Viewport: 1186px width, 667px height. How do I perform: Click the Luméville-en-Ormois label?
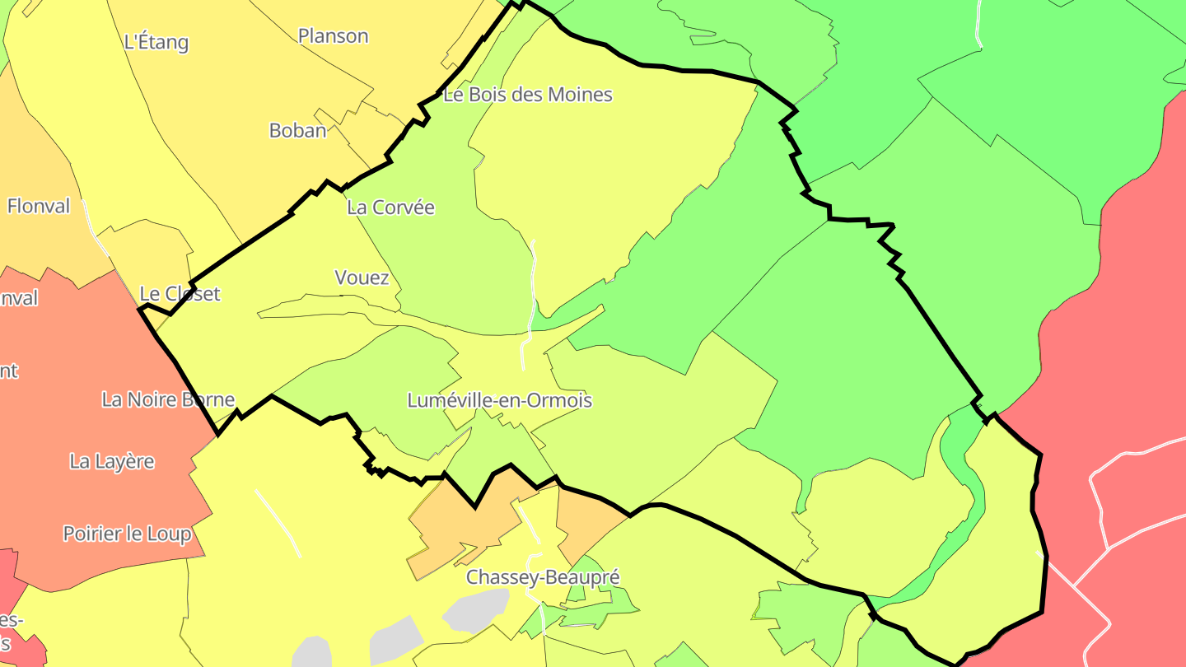pyautogui.click(x=499, y=401)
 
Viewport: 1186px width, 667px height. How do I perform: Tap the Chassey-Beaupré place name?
pyautogui.click(x=542, y=577)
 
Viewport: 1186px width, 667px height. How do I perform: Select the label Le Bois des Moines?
pyautogui.click(x=528, y=95)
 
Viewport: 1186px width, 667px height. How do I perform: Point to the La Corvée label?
pyautogui.click(x=390, y=208)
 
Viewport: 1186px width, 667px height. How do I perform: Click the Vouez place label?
pyautogui.click(x=362, y=278)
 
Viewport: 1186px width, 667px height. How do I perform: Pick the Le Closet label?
pyautogui.click(x=180, y=294)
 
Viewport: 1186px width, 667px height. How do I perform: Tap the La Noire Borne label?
pyautogui.click(x=168, y=400)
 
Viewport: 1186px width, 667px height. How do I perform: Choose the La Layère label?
pyautogui.click(x=112, y=462)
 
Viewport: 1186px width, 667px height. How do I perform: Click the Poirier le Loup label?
pyautogui.click(x=127, y=534)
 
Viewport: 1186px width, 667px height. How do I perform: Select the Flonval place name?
pyautogui.click(x=39, y=207)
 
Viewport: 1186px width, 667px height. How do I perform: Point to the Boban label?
pyautogui.click(x=297, y=131)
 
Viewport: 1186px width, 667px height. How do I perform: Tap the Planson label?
pyautogui.click(x=333, y=37)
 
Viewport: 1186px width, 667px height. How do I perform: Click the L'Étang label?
pyautogui.click(x=156, y=43)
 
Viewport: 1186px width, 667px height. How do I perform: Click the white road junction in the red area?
pyautogui.click(x=1107, y=548)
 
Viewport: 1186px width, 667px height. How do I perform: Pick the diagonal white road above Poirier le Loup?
pyautogui.click(x=278, y=523)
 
